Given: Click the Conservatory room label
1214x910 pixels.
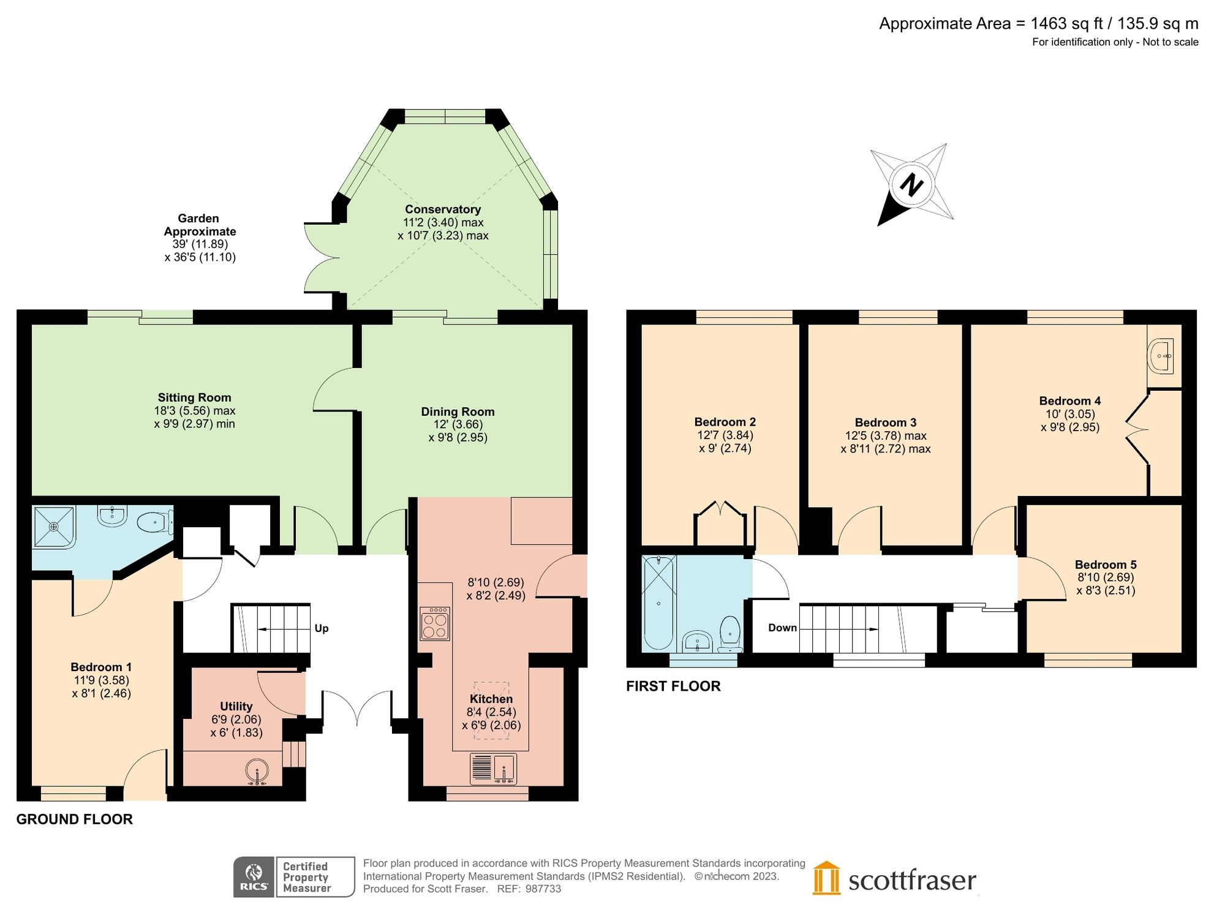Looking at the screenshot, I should [x=442, y=209].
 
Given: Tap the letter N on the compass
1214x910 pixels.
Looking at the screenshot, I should [x=911, y=184].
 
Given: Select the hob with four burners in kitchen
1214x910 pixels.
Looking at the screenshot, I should [x=435, y=623].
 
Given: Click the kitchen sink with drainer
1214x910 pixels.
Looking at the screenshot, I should [x=493, y=769].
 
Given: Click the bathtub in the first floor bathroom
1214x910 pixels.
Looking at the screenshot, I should [x=658, y=603].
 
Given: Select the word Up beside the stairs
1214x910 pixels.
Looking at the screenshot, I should [x=321, y=628].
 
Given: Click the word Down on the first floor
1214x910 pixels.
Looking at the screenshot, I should [x=782, y=628].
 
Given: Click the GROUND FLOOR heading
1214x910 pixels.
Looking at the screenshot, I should [x=74, y=819].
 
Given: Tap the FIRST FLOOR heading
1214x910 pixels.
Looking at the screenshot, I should [x=673, y=686].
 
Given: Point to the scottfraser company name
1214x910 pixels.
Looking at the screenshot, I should [x=911, y=881].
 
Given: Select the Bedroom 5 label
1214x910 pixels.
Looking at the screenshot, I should [x=1105, y=565].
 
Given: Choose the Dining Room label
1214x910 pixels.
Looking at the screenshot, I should [x=457, y=412].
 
